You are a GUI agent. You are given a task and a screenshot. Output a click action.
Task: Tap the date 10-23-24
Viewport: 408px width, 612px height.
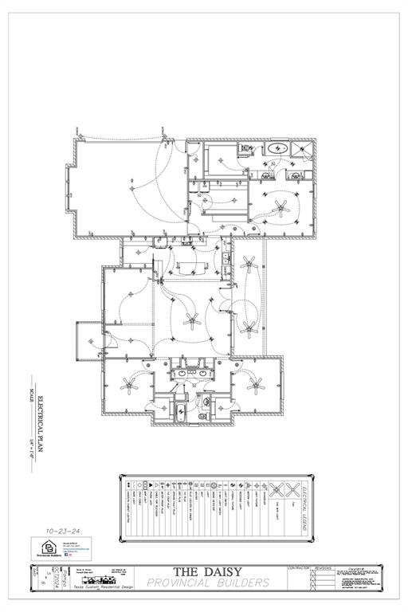pos(64,528)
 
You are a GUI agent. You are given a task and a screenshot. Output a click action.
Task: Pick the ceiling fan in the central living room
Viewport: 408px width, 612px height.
pos(190,320)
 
